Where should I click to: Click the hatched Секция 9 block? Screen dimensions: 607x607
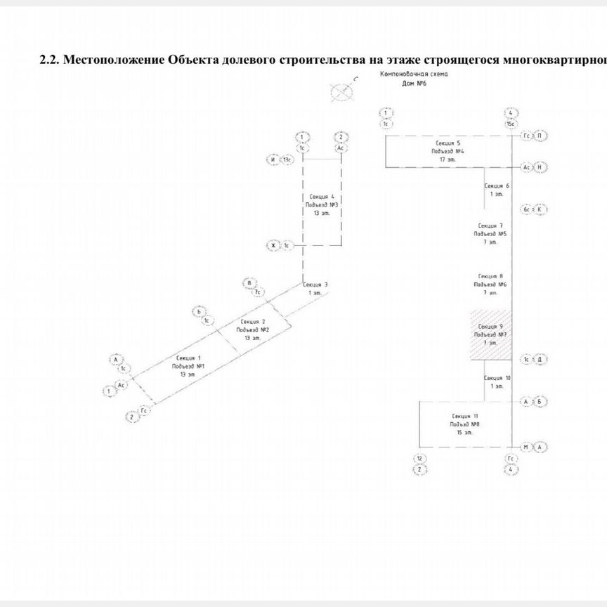click(491, 335)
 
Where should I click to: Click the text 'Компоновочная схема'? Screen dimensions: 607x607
click(414, 74)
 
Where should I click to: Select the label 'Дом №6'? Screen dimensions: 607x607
click(414, 83)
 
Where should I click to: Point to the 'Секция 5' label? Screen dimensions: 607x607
click(448, 143)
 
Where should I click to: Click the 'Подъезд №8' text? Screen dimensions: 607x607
click(465, 425)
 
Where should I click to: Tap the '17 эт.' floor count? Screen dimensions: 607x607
click(448, 159)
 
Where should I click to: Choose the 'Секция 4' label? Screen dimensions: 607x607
click(322, 197)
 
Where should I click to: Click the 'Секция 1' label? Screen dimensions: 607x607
click(189, 358)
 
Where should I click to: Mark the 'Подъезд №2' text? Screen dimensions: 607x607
click(253, 329)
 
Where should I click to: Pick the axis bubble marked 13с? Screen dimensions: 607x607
click(287, 160)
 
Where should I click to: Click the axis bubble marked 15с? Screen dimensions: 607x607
click(511, 124)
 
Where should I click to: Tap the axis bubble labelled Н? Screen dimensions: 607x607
click(540, 167)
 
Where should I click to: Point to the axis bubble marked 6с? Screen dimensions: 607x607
click(526, 209)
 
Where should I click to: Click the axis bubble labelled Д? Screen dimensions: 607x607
click(540, 359)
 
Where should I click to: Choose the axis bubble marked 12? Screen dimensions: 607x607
click(419, 459)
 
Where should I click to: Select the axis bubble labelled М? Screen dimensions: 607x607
click(526, 447)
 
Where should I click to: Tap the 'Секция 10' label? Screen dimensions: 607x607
click(498, 378)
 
